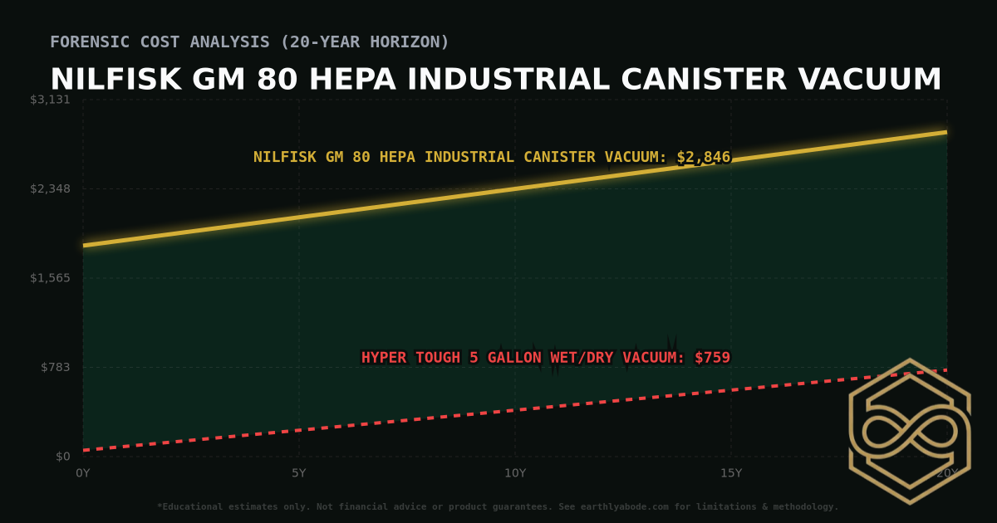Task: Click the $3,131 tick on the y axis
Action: tap(50, 100)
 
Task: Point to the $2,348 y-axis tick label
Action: tap(50, 189)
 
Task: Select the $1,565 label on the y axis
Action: tap(50, 278)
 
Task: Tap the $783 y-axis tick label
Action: tap(55, 367)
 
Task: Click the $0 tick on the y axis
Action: tap(62, 457)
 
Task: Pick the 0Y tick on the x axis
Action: tap(83, 473)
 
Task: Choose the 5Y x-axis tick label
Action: tap(299, 473)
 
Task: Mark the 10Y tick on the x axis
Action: tap(515, 473)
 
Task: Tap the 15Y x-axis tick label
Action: tap(731, 473)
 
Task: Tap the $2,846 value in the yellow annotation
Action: tap(703, 157)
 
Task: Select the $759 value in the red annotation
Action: tap(712, 358)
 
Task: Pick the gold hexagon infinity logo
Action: tap(910, 431)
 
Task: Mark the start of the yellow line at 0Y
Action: tap(84, 245)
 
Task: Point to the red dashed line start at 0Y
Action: tap(84, 450)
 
